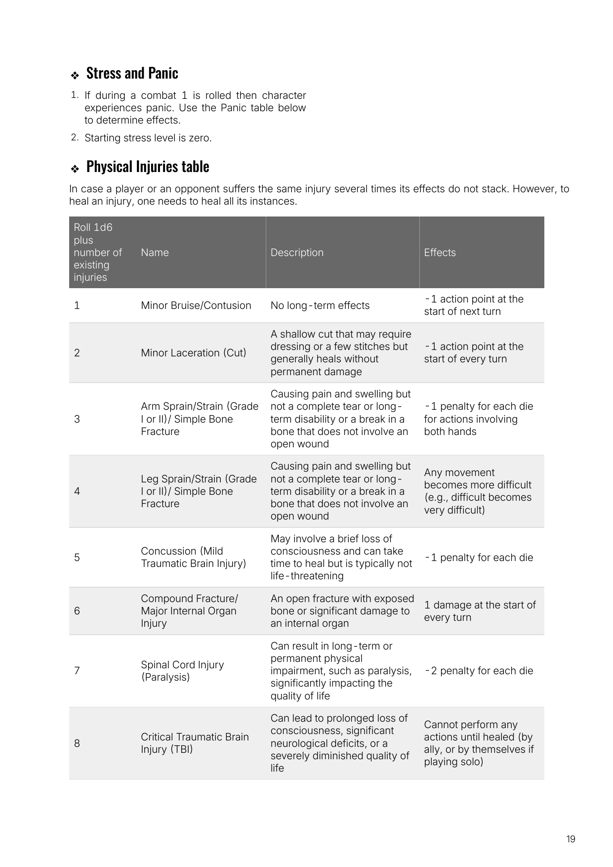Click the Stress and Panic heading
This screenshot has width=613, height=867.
(x=132, y=73)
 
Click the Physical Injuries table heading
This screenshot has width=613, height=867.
(x=147, y=167)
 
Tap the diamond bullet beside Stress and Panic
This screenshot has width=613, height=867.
(x=75, y=76)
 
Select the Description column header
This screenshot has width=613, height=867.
(x=297, y=253)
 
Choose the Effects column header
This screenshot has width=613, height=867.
(x=440, y=253)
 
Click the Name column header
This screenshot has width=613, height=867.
(x=155, y=253)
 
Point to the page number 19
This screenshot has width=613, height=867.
(x=571, y=839)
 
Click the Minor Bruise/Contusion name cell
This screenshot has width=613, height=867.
(x=196, y=305)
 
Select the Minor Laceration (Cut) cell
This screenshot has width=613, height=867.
(x=193, y=353)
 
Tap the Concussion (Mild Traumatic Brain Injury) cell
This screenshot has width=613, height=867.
(x=193, y=557)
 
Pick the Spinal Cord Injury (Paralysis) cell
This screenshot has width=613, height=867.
(x=182, y=671)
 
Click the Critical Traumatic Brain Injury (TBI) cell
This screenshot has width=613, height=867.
(x=194, y=743)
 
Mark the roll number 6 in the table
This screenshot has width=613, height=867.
(x=77, y=611)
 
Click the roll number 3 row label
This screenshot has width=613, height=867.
(x=77, y=419)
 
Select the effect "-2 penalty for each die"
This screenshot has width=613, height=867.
(x=478, y=671)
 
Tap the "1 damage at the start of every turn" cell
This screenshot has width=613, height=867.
(x=479, y=611)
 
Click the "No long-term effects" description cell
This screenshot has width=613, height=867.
(x=320, y=305)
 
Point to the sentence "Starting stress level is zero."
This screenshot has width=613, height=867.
(x=148, y=138)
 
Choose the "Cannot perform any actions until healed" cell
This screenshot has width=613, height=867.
(x=478, y=743)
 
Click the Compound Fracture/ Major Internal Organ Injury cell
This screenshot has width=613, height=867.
(x=189, y=611)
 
